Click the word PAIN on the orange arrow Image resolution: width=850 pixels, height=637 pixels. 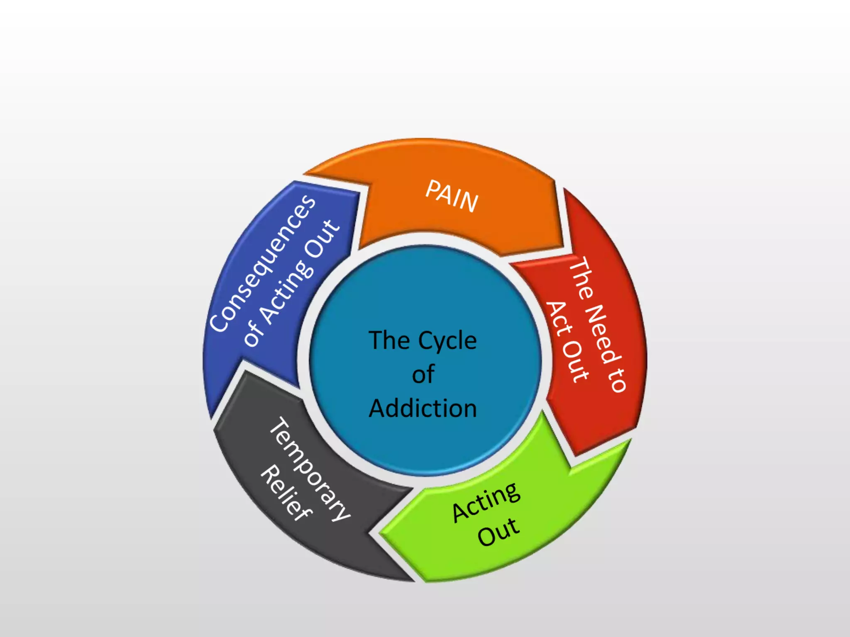[452, 196]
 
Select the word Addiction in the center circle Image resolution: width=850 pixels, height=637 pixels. [423, 408]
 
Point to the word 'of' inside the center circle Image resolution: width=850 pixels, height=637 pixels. [423, 374]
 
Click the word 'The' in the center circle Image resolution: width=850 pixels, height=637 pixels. [389, 341]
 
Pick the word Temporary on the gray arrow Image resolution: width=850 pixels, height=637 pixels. [310, 469]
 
